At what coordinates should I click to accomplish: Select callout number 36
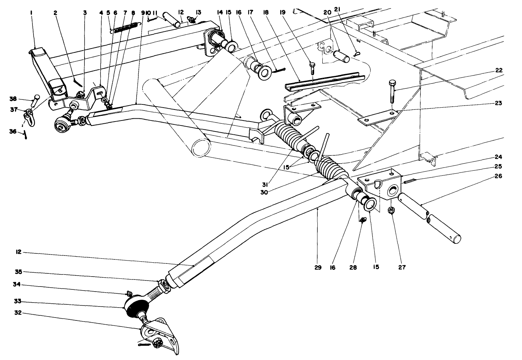tap(12, 132)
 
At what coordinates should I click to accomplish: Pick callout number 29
tap(318, 267)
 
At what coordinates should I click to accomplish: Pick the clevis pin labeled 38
tap(35, 101)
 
